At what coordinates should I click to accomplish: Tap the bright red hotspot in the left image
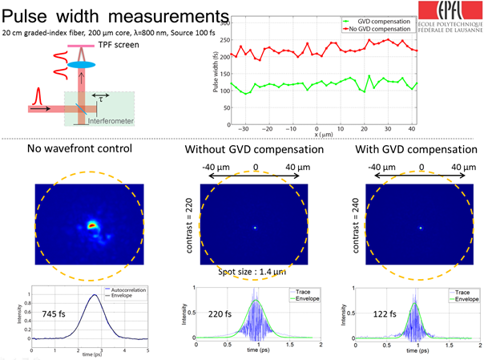pos(93,226)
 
